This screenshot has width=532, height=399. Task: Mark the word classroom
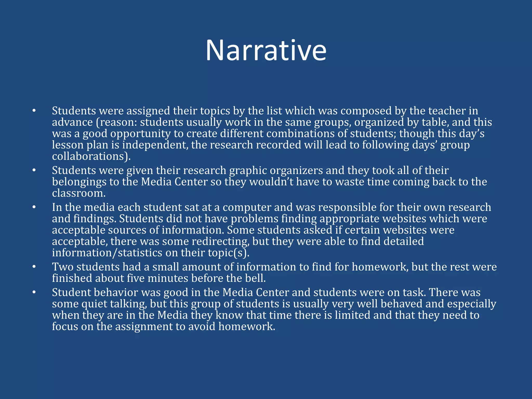(x=78, y=193)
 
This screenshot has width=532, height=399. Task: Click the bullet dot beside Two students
(x=34, y=267)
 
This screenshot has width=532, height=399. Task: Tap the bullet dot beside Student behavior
(x=34, y=292)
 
